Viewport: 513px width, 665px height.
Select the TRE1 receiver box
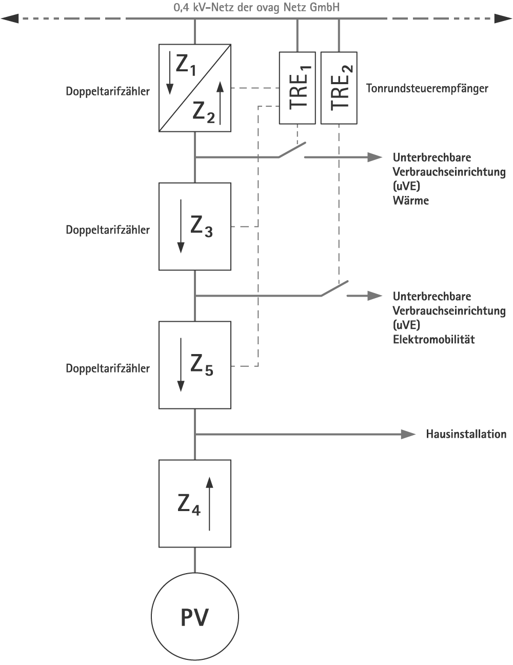click(297, 88)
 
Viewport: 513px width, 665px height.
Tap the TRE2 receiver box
click(339, 88)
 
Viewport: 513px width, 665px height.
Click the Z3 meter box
click(195, 226)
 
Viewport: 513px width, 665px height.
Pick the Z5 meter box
click(195, 365)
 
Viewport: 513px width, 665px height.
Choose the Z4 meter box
click(195, 503)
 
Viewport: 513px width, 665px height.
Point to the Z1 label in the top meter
click(186, 66)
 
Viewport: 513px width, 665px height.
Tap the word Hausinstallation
click(466, 434)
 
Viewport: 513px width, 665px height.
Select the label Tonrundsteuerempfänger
click(427, 88)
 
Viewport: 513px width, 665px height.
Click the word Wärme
click(410, 200)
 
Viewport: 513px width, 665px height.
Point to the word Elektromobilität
click(433, 339)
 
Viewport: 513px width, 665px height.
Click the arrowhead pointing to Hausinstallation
click(408, 434)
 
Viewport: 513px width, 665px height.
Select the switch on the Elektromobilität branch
click(334, 288)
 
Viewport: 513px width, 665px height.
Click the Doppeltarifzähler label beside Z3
click(108, 230)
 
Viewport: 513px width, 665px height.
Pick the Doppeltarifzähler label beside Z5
click(108, 368)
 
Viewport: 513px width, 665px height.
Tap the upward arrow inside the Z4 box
click(209, 503)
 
